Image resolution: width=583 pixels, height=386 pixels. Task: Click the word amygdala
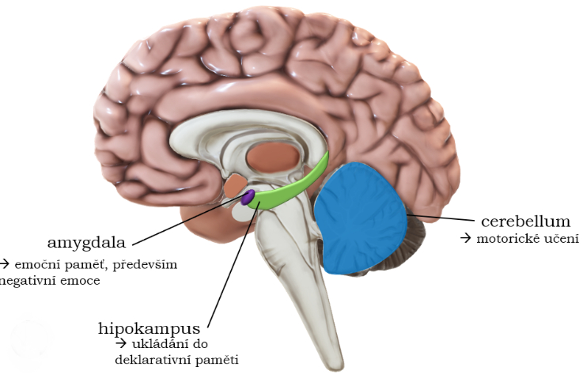(87, 243)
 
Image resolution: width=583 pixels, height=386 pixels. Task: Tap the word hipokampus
(149, 328)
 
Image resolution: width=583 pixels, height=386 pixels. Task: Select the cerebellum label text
(526, 221)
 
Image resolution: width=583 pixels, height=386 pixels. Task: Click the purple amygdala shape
(248, 197)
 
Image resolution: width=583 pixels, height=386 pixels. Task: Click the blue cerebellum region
(360, 218)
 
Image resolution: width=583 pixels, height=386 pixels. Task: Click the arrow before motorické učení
(466, 238)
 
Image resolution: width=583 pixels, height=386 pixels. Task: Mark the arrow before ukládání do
(121, 343)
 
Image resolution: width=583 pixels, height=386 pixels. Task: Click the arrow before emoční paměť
(5, 264)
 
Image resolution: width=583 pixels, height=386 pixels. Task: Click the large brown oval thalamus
(273, 157)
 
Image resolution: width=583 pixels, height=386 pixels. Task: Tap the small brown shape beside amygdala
(235, 185)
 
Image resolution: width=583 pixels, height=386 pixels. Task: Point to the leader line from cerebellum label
(441, 218)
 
